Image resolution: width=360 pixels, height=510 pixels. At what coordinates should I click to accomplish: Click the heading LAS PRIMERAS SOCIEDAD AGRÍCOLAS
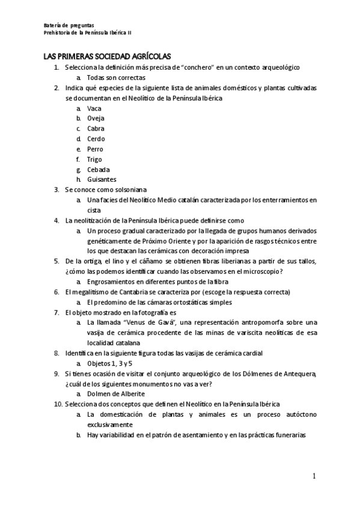107,56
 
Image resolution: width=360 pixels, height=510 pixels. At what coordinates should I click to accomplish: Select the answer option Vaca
94,108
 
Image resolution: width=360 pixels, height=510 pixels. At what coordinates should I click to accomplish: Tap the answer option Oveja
96,118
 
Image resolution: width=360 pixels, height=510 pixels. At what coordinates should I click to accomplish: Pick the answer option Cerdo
96,139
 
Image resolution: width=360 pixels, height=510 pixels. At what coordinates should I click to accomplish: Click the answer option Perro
95,149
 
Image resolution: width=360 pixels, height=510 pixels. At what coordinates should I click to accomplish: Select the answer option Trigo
94,159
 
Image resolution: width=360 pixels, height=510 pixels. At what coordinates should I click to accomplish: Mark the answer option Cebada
98,170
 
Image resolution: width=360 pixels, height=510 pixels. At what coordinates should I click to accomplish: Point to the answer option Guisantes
102,180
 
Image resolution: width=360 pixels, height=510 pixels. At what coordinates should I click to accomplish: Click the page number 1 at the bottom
314,477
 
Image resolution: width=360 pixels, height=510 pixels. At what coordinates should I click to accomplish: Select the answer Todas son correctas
116,78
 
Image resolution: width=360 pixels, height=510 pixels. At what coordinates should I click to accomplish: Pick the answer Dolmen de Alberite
115,393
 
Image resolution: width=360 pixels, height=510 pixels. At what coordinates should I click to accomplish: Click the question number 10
58,404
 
